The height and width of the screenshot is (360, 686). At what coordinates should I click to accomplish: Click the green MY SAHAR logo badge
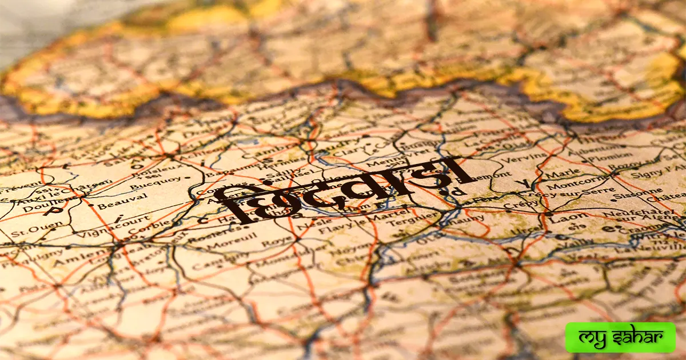point(620,337)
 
